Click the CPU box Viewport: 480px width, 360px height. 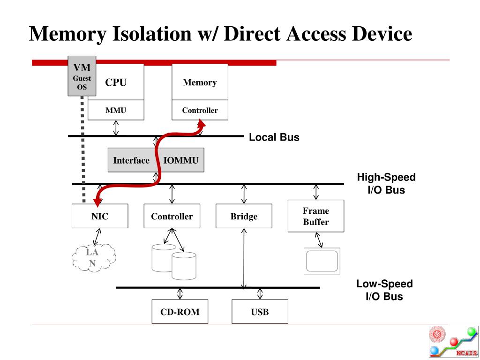coord(116,82)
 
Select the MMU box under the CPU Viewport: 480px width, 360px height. coord(116,110)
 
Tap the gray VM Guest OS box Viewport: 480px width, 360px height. coord(82,76)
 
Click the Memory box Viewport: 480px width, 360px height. coord(200,82)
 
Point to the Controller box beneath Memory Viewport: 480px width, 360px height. coord(200,110)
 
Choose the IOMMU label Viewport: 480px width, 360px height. coord(181,160)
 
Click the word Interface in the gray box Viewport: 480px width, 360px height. coord(131,160)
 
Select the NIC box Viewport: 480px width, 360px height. coord(100,216)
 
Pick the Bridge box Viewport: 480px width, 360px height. coord(244,216)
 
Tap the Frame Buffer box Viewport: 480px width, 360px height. coord(316,216)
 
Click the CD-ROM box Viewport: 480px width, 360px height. coord(180,312)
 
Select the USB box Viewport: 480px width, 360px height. coord(260,312)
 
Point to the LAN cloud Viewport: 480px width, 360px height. coord(93,257)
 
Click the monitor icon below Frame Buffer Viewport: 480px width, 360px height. coord(322,261)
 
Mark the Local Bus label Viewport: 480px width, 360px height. coord(274,137)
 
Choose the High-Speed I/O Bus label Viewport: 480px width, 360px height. coord(386,183)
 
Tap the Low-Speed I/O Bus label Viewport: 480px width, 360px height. coord(384,290)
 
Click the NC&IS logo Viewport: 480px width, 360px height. coord(453,342)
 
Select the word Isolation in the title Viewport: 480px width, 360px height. coord(152,33)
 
